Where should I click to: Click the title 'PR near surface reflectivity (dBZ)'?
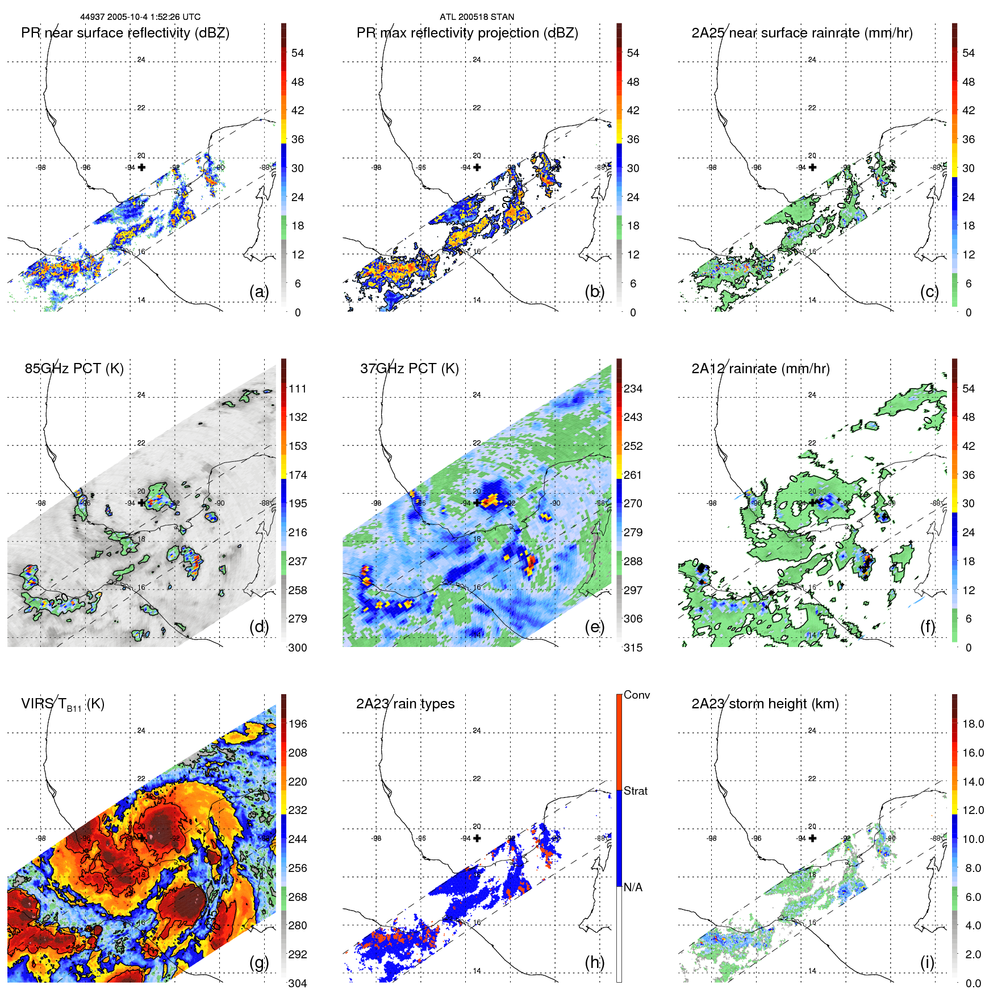click(125, 33)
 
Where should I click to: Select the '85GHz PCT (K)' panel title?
click(74, 369)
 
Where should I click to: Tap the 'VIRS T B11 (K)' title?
click(62, 704)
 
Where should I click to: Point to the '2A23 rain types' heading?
click(405, 704)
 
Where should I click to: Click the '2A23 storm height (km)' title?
click(765, 704)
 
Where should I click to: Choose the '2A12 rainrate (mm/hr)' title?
click(760, 369)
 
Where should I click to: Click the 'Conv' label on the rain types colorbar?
click(636, 695)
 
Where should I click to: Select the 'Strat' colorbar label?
click(635, 791)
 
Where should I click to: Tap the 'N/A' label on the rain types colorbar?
click(633, 887)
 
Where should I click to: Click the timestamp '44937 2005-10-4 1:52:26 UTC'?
click(140, 17)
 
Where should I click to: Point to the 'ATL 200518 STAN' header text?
click(477, 17)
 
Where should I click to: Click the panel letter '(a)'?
click(258, 291)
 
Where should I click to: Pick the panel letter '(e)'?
click(594, 627)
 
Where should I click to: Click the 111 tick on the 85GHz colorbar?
click(298, 389)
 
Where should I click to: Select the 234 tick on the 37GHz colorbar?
click(633, 389)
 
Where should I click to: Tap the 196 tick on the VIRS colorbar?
click(298, 724)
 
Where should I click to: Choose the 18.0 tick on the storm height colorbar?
click(973, 724)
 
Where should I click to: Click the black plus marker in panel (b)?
click(477, 167)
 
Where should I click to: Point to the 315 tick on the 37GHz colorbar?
click(633, 648)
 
